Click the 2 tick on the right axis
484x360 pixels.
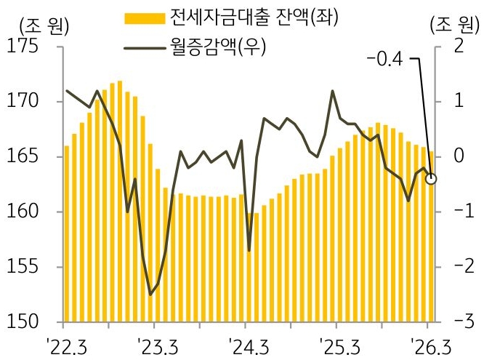tap(458, 47)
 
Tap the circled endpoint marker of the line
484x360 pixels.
tap(431, 178)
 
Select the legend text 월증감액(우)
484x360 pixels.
tap(218, 47)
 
